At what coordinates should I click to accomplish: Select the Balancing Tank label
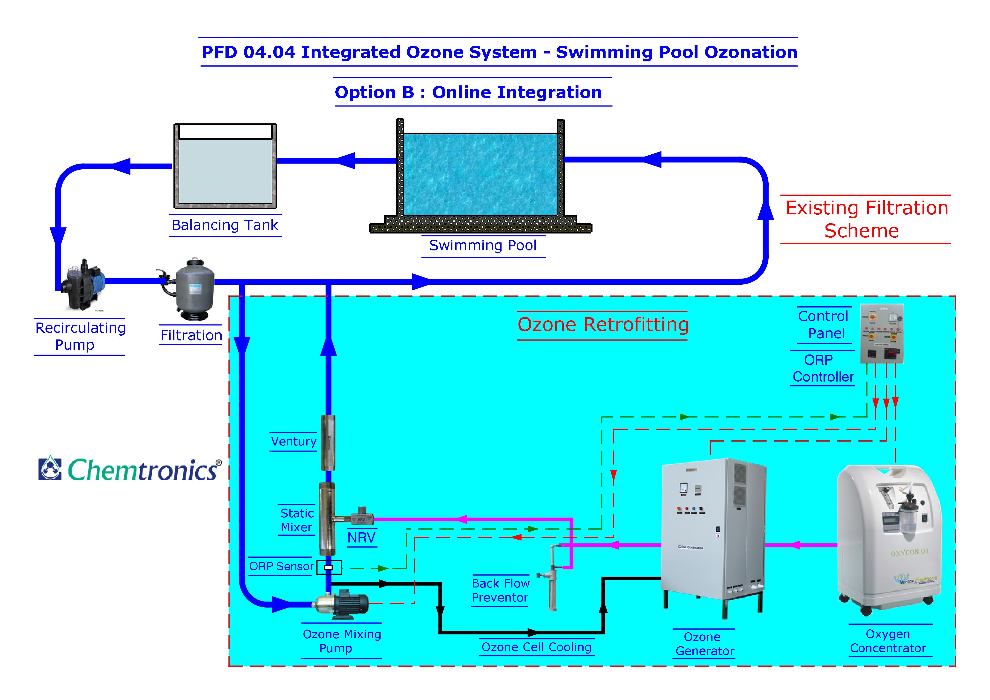pyautogui.click(x=225, y=225)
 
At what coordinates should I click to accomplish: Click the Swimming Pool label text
pyautogui.click(x=482, y=245)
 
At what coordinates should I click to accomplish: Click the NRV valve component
pyautogui.click(x=361, y=519)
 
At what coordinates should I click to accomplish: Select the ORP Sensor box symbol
pyautogui.click(x=329, y=567)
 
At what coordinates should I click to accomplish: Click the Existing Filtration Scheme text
pyautogui.click(x=866, y=219)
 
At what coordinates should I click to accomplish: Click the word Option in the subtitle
pyautogui.click(x=365, y=92)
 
